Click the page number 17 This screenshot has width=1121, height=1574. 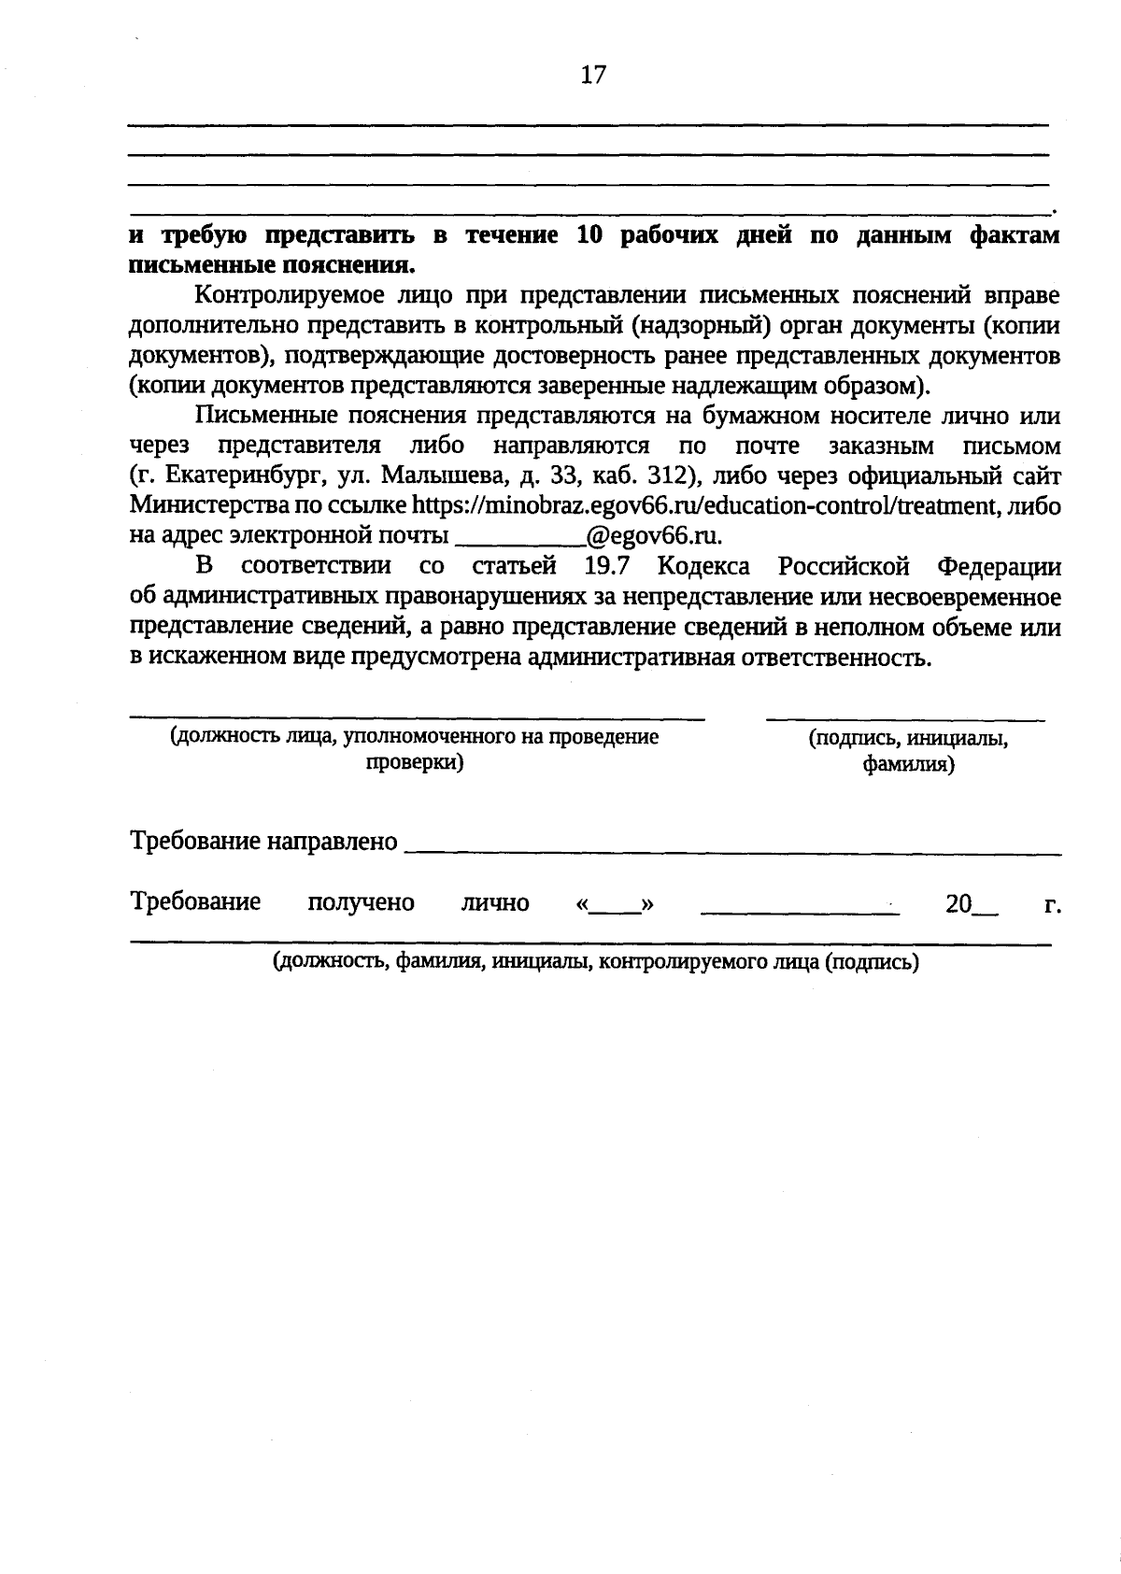[593, 76]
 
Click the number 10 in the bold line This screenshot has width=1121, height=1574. [591, 235]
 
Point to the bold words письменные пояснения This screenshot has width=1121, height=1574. [271, 263]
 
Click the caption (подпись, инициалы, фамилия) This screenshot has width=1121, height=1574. [908, 752]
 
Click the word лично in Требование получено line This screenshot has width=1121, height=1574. [495, 903]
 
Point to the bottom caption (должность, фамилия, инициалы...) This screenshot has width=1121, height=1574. [595, 963]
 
